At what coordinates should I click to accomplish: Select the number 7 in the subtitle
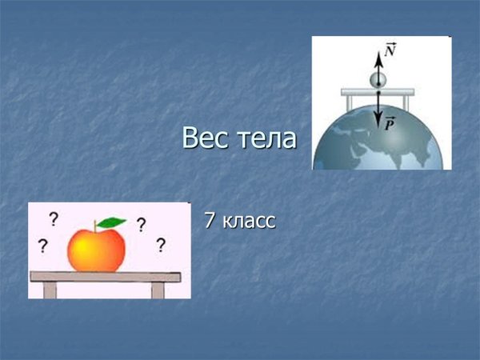(210, 220)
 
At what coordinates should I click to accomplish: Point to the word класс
(250, 221)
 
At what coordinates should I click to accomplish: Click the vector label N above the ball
(390, 50)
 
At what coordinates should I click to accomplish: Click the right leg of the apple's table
(158, 290)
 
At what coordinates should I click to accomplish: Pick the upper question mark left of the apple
(54, 218)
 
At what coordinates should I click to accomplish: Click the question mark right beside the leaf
(141, 225)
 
